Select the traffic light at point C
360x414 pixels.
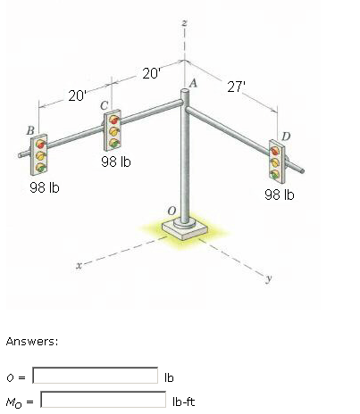click(x=113, y=131)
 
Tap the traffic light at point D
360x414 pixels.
click(x=278, y=158)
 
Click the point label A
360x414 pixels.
click(x=193, y=83)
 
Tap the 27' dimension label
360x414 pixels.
click(x=237, y=87)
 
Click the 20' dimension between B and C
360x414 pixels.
click(x=79, y=96)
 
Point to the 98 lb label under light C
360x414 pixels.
click(x=116, y=161)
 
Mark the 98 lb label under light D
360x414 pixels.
click(x=279, y=194)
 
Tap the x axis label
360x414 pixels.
click(x=80, y=265)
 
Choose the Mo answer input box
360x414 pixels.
click(x=104, y=402)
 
